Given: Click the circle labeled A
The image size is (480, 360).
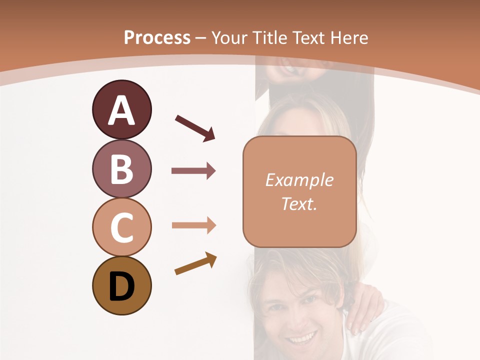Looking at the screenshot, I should coord(121,109).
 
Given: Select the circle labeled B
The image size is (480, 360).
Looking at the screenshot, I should coord(121,168).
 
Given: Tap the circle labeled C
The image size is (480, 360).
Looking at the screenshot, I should coord(121,227).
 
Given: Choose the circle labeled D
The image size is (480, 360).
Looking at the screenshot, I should coord(121,286).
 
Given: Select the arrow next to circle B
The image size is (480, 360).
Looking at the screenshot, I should coord(193,171).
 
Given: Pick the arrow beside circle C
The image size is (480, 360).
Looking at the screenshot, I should coord(193,225).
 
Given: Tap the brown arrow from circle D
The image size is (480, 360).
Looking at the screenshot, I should coord(195,264).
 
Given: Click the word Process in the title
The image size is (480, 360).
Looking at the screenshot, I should coord(157,37).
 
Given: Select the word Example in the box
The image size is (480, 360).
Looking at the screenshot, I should coord(299,180).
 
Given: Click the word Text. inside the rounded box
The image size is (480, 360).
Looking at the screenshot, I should coord(299,203).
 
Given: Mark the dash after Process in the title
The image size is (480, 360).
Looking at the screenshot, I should coord(201,38).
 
